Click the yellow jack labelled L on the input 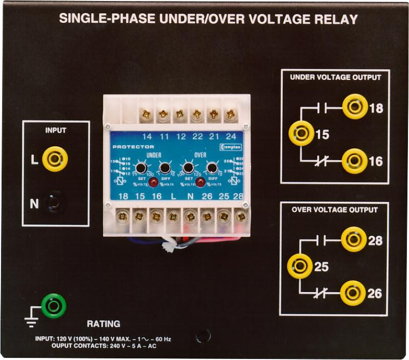click(x=55, y=159)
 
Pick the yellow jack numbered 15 click(x=301, y=134)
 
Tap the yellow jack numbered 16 click(x=354, y=161)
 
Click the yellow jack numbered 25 click(x=300, y=266)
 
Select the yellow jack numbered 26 click(x=353, y=293)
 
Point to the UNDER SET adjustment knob click(x=142, y=168)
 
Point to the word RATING click(x=103, y=324)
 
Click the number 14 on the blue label click(x=147, y=137)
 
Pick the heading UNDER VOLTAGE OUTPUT click(x=335, y=78)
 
